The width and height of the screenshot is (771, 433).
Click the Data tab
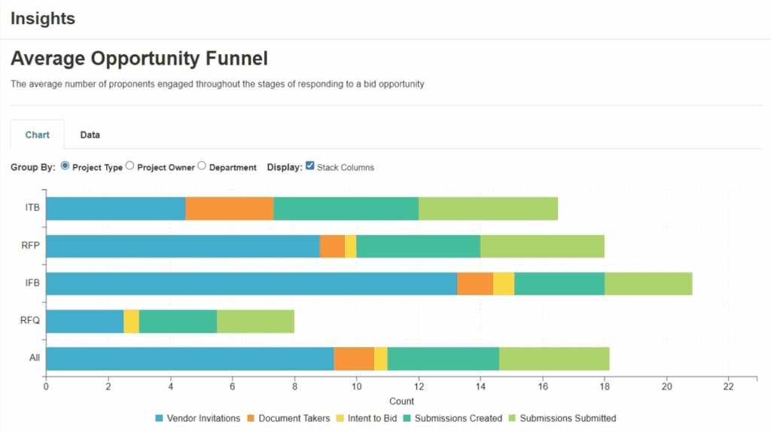pyautogui.click(x=90, y=135)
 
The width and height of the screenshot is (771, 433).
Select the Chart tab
pyautogui.click(x=38, y=135)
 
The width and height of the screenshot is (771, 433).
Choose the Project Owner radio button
pyautogui.click(x=130, y=166)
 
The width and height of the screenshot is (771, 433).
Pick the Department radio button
pyautogui.click(x=202, y=166)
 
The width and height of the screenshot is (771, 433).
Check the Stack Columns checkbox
pyautogui.click(x=309, y=166)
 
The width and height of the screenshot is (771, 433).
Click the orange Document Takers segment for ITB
pyautogui.click(x=230, y=209)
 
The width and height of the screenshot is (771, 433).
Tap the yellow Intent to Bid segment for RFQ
pyautogui.click(x=131, y=322)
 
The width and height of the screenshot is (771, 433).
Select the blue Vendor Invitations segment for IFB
pyautogui.click(x=251, y=284)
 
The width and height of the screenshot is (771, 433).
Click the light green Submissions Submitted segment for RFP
pyautogui.click(x=542, y=246)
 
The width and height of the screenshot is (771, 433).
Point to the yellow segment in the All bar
pyautogui.click(x=381, y=359)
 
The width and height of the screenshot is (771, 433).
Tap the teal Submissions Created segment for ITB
pyautogui.click(x=346, y=209)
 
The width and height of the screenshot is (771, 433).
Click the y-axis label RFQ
pyautogui.click(x=29, y=322)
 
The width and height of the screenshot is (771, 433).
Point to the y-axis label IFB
pyautogui.click(x=32, y=284)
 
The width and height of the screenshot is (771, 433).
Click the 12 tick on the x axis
pyautogui.click(x=419, y=387)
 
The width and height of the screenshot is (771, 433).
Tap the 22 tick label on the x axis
pyautogui.click(x=728, y=387)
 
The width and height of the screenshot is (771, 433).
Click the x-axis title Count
pyautogui.click(x=402, y=401)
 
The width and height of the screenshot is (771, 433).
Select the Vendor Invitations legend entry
pyautogui.click(x=198, y=418)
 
